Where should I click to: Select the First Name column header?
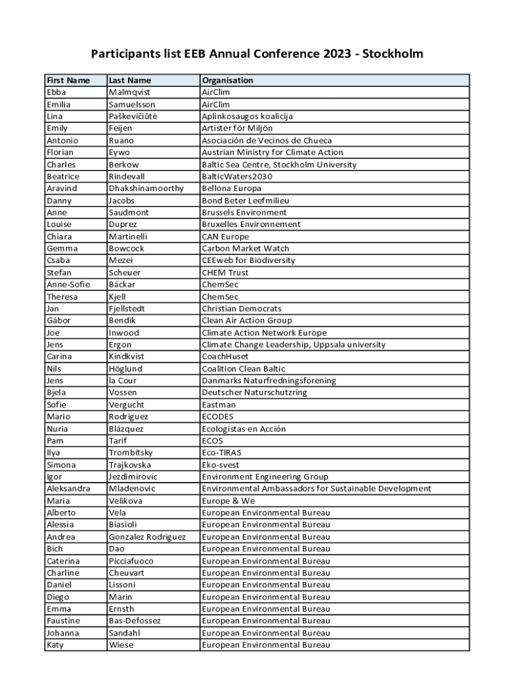68,80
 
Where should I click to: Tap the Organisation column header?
227,80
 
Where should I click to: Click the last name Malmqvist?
129,92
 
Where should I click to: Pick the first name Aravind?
62,188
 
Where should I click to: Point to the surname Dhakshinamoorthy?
146,188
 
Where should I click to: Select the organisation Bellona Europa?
231,188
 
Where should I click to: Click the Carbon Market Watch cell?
245,249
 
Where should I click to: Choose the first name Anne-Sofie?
69,285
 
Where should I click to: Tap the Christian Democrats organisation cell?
242,309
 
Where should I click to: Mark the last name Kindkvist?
131,356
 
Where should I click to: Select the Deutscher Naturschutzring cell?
255,392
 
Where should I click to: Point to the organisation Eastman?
219,404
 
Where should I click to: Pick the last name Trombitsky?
131,453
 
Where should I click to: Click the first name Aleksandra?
68,489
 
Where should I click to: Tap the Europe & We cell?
229,501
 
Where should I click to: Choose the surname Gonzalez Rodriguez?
147,537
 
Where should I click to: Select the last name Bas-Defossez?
135,621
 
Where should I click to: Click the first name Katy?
55,645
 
